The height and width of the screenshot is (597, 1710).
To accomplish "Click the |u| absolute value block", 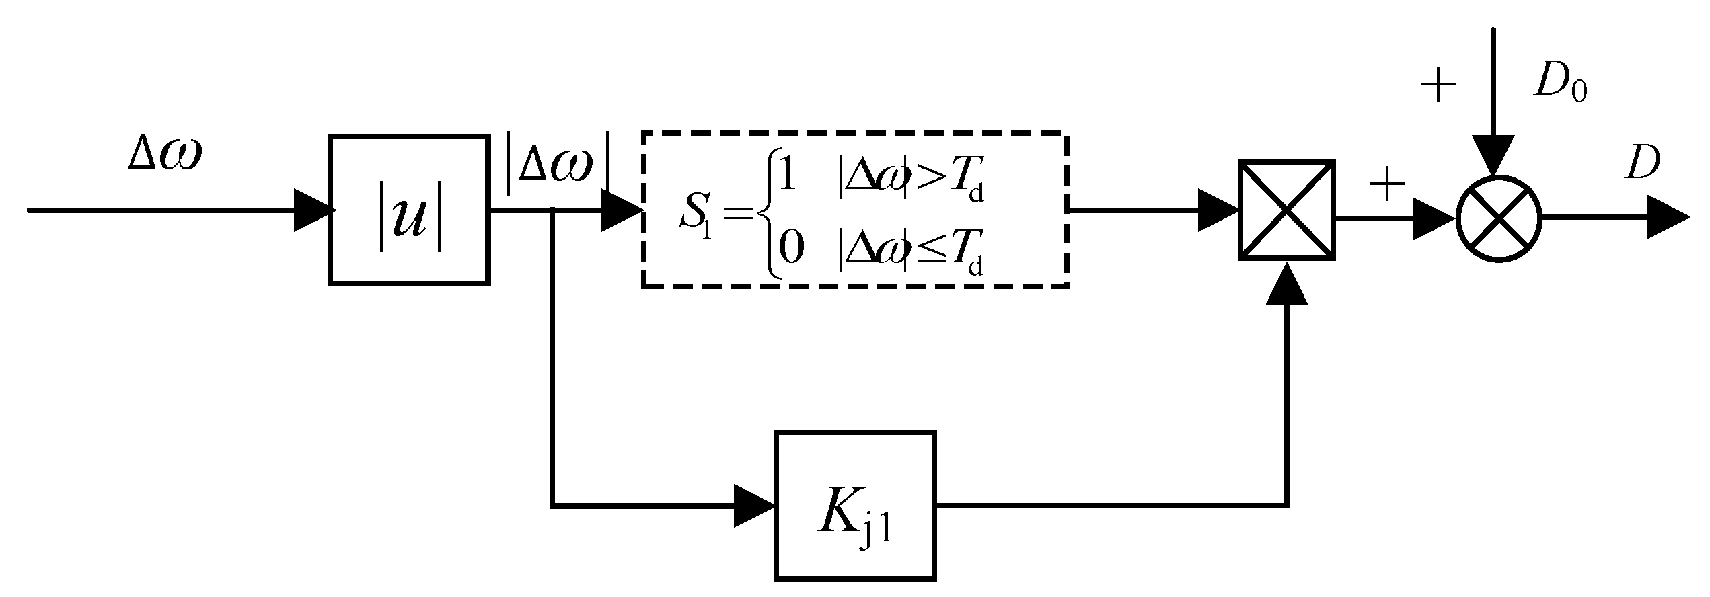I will [408, 210].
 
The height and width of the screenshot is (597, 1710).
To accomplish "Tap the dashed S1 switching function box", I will [854, 210].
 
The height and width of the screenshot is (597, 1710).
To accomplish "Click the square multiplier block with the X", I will [1286, 210].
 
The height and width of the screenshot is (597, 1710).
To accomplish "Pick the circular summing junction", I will [1498, 218].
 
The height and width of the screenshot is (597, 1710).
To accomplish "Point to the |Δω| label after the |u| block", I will [558, 168].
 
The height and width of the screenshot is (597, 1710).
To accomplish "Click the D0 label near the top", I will [1559, 83].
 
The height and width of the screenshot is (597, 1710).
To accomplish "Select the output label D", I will [1642, 163].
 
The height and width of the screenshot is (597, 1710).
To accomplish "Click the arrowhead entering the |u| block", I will [313, 210].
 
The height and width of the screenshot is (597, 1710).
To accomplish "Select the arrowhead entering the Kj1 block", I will [753, 505].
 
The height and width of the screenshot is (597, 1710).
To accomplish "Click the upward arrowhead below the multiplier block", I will [1286, 285].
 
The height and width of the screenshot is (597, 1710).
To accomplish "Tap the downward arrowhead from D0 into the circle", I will [1492, 156].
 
